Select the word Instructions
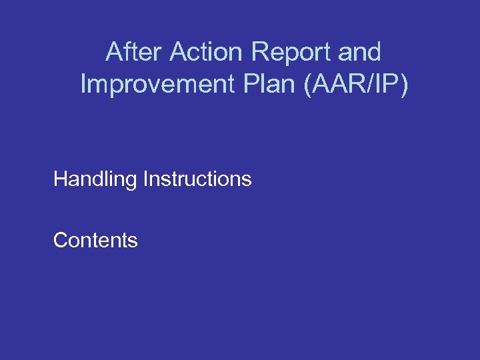pyautogui.click(x=197, y=179)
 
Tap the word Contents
pyautogui.click(x=95, y=240)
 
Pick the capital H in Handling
pyautogui.click(x=60, y=179)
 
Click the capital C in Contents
pyautogui.click(x=60, y=240)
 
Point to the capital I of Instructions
pyautogui.click(x=145, y=179)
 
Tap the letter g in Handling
pyautogui.click(x=131, y=181)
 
